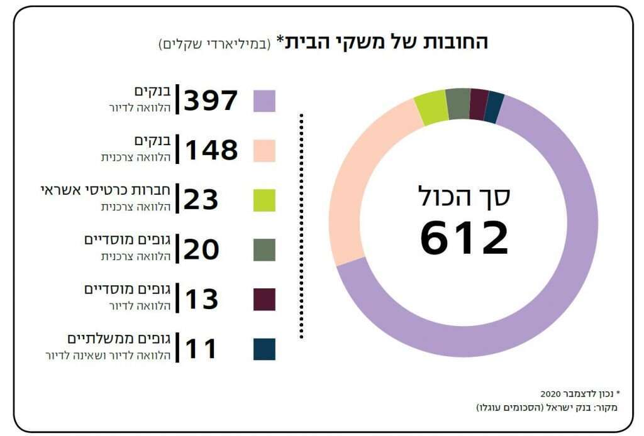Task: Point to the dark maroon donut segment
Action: click(x=479, y=102)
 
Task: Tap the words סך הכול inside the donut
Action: click(x=464, y=196)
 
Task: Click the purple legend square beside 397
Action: click(x=264, y=101)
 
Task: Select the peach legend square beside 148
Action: click(x=264, y=151)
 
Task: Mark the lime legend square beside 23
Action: click(x=264, y=200)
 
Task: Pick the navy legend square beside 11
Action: click(x=264, y=349)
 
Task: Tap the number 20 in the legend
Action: click(x=201, y=249)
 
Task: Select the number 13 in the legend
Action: click(x=201, y=299)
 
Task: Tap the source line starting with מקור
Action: click(x=547, y=408)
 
